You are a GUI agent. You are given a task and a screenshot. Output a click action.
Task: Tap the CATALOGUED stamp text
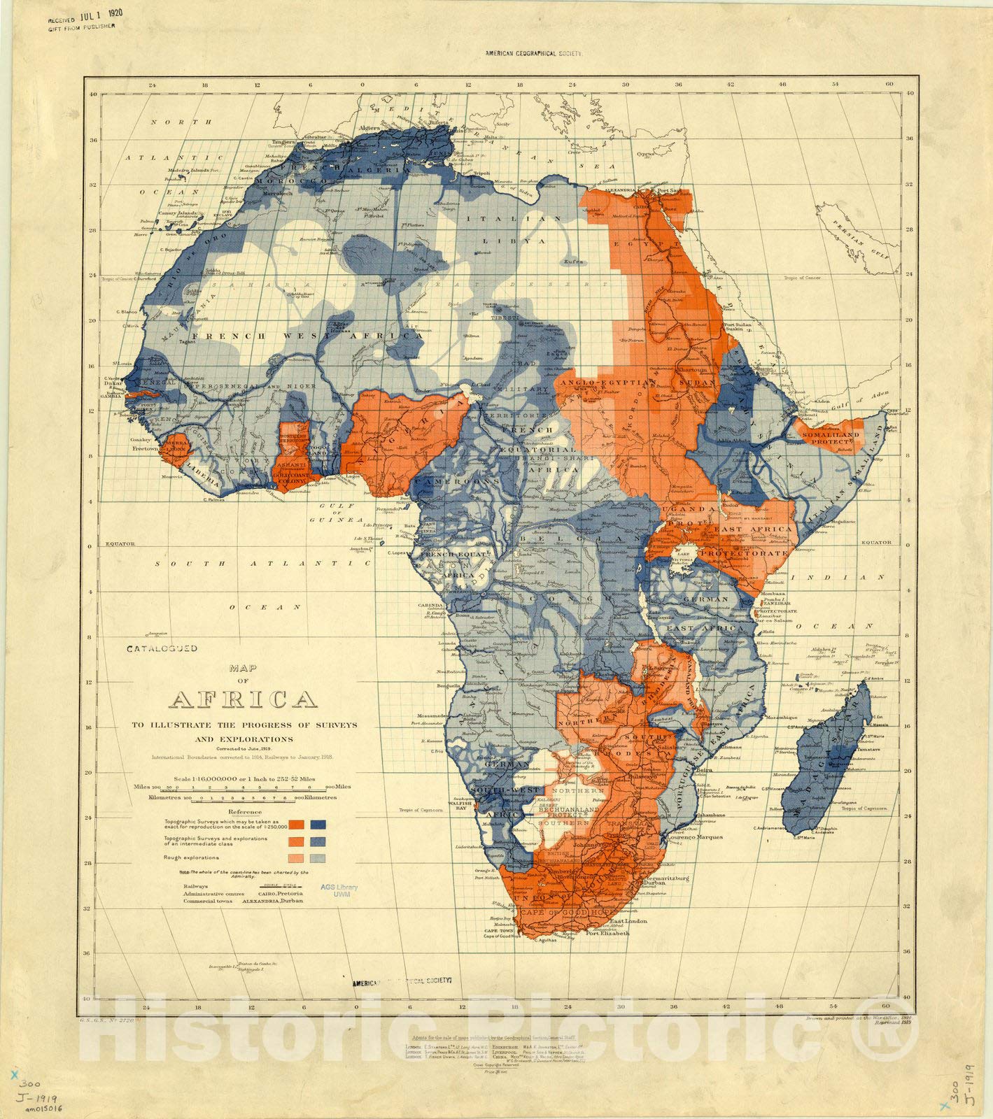tap(162, 648)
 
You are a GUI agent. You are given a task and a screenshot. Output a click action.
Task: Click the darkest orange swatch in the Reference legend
tap(297, 824)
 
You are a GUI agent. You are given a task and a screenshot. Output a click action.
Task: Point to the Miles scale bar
tap(241, 786)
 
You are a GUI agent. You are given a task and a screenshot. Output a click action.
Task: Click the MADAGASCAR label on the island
tap(834, 754)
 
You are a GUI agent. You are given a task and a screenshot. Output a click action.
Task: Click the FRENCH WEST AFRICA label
tap(275, 336)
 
